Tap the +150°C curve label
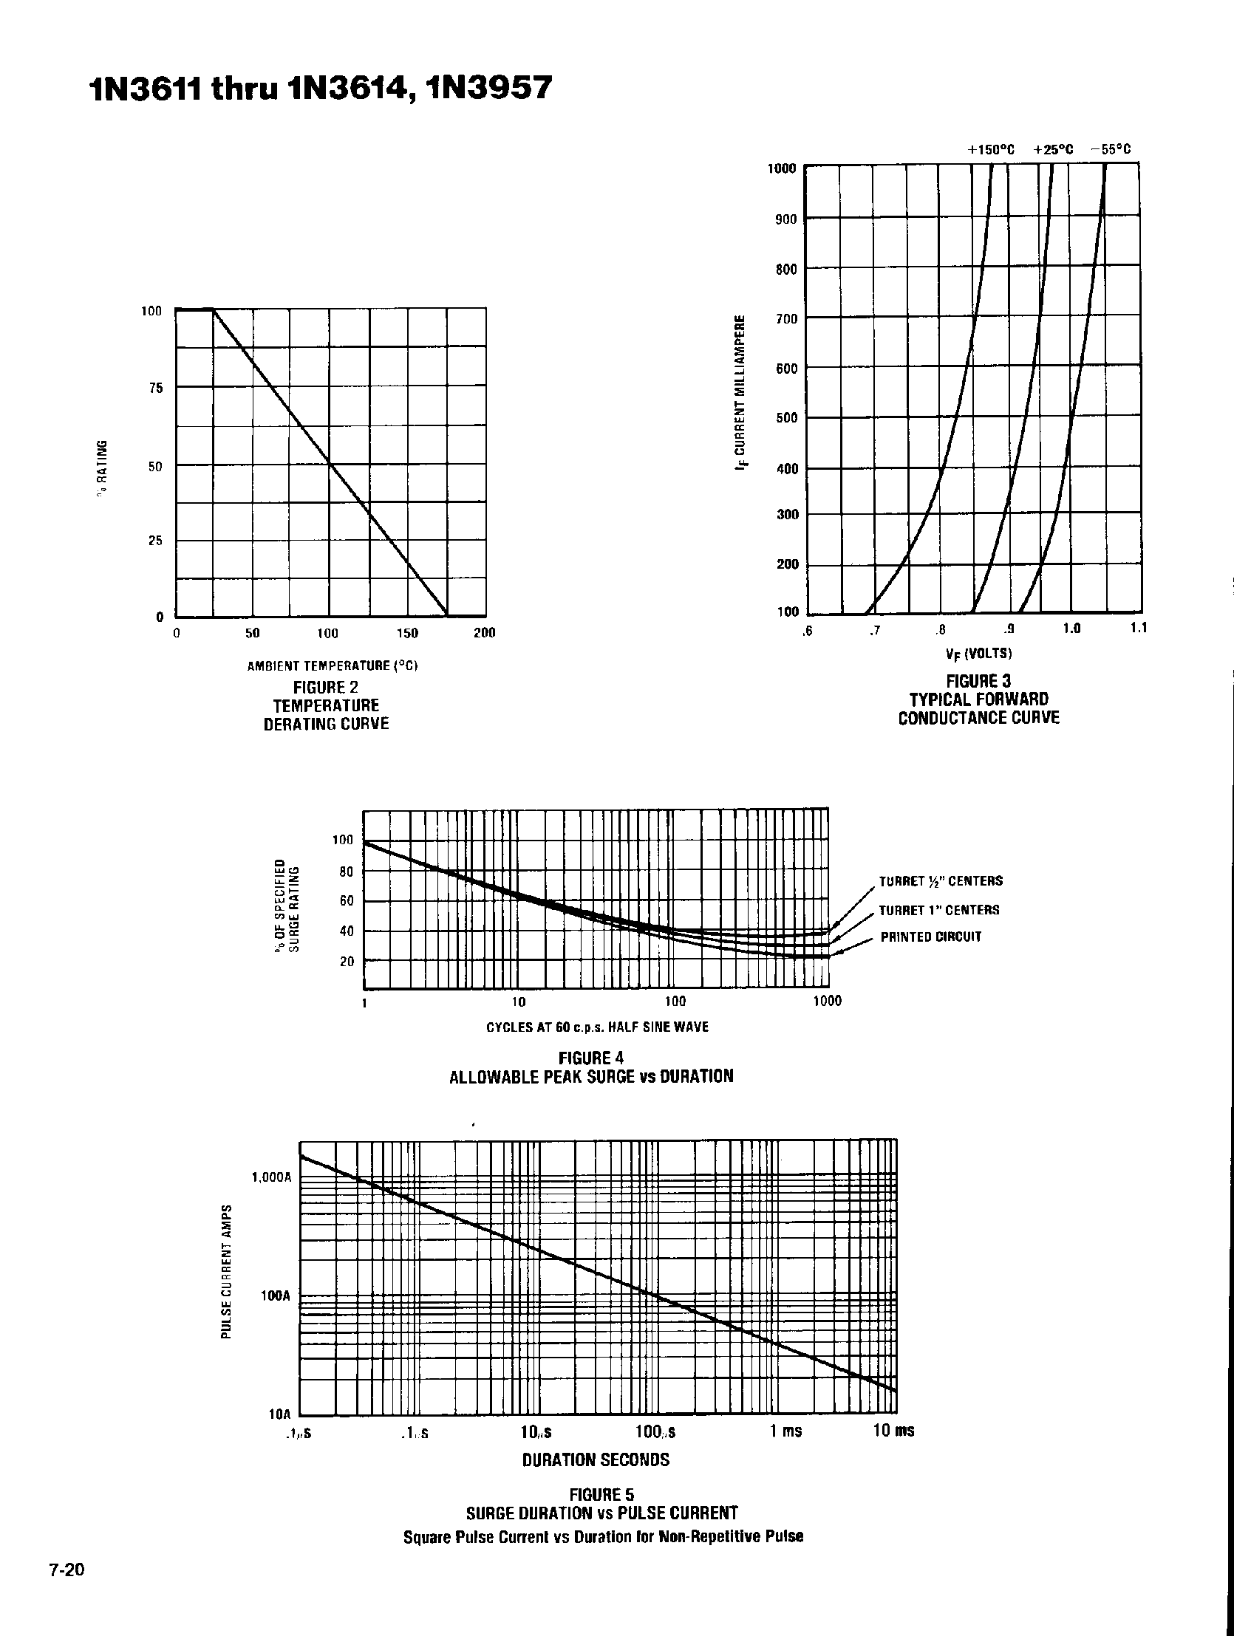[x=990, y=149]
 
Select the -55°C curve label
[x=1111, y=149]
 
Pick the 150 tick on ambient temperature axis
[x=407, y=633]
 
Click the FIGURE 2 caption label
[x=326, y=687]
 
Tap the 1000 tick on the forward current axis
[x=781, y=168]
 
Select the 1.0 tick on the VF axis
[x=1071, y=629]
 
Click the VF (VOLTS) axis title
[x=979, y=654]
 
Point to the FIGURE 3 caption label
[x=979, y=680]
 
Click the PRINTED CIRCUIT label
[x=931, y=937]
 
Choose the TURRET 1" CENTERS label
[x=939, y=910]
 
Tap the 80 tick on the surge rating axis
[x=347, y=872]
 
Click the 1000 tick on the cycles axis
[x=827, y=1002]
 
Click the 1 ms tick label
[x=785, y=1431]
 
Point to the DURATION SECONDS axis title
[x=596, y=1459]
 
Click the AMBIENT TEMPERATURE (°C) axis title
[x=333, y=665]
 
